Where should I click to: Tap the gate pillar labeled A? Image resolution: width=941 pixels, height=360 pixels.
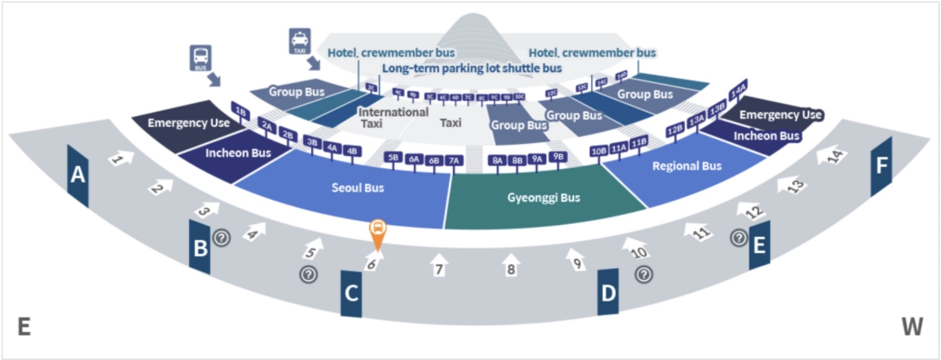(x=77, y=175)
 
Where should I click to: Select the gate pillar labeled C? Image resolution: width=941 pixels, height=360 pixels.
(x=351, y=294)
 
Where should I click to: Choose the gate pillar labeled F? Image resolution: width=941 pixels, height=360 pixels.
(x=881, y=166)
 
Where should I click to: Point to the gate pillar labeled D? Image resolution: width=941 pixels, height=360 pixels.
(x=608, y=292)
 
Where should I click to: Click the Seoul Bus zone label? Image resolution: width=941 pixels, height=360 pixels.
(x=358, y=188)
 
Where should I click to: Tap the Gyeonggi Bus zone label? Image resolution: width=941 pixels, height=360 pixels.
(x=542, y=197)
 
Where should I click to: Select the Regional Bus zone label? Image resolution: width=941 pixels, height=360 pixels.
(x=686, y=166)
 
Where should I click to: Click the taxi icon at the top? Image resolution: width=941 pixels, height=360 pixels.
(x=299, y=41)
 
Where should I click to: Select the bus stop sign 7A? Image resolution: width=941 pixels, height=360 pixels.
(x=454, y=161)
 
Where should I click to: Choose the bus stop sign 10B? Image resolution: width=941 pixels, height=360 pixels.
(x=598, y=152)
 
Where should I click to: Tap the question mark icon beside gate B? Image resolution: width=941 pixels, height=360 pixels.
(x=221, y=238)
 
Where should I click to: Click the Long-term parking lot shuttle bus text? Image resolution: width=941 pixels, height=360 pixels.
(x=471, y=68)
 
